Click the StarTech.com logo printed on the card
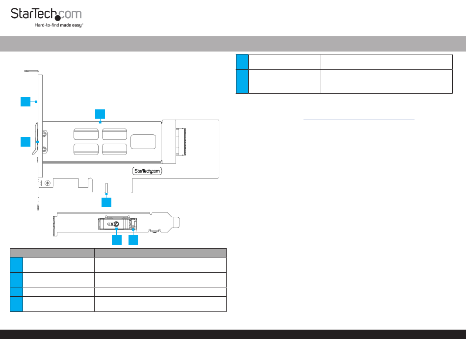pyautogui.click(x=148, y=171)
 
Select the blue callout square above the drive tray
pyautogui.click(x=100, y=114)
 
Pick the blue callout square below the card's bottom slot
pyautogui.click(x=106, y=202)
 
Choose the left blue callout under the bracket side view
pyautogui.click(x=116, y=240)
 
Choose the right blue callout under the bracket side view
pyautogui.click(x=133, y=240)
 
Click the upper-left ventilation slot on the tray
pyautogui.click(x=86, y=133)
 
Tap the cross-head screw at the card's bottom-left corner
pyautogui.click(x=48, y=183)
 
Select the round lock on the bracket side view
pyautogui.click(x=116, y=223)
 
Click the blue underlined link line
pyautogui.click(x=359, y=119)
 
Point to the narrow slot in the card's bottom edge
pyautogui.click(x=106, y=188)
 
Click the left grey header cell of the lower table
pyautogui.click(x=52, y=253)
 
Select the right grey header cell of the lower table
pyautogui.click(x=160, y=253)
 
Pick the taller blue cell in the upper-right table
pyautogui.click(x=242, y=81)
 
